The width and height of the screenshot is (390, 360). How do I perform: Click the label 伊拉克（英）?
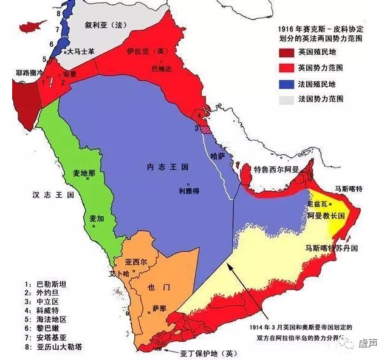[150, 52]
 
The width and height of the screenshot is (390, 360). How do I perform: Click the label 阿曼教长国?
[326, 216]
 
